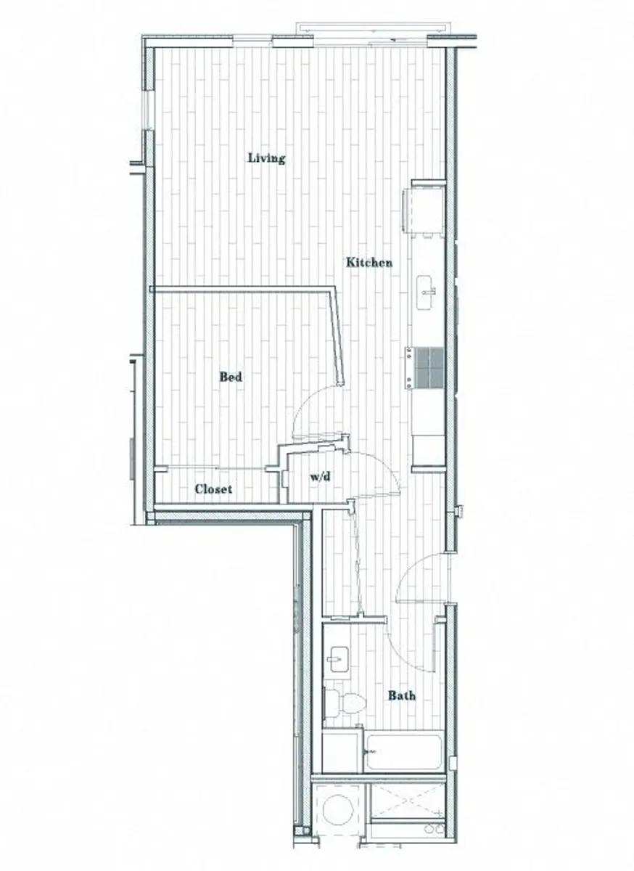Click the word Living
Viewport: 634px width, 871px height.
[266, 158]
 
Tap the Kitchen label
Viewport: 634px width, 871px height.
[369, 263]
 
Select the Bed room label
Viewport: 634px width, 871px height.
[231, 377]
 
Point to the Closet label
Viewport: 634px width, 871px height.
[213, 489]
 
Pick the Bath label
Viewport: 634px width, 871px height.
[401, 695]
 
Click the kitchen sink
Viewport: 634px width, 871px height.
[426, 293]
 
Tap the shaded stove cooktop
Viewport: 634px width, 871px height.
[425, 369]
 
